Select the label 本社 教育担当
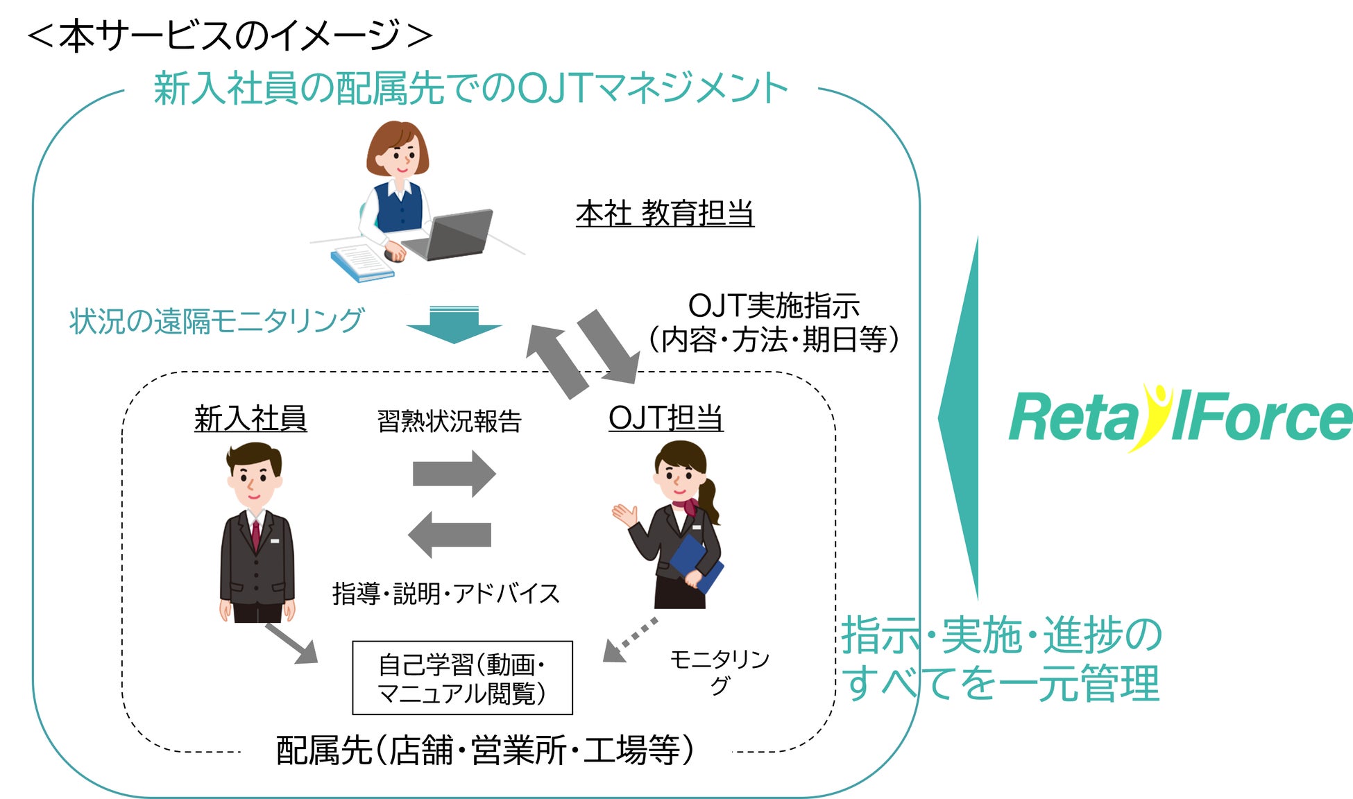(665, 214)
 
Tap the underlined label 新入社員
(250, 418)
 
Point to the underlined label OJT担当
(665, 418)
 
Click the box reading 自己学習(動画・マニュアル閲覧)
(462, 678)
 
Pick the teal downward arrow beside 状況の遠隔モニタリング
(454, 325)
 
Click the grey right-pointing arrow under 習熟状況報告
(454, 474)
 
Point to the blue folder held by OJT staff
(696, 562)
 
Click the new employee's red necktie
(256, 535)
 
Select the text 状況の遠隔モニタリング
(216, 321)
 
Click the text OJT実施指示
(773, 306)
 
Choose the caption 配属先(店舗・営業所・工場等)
(485, 750)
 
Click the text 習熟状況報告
(449, 421)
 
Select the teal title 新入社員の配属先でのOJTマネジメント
(470, 89)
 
